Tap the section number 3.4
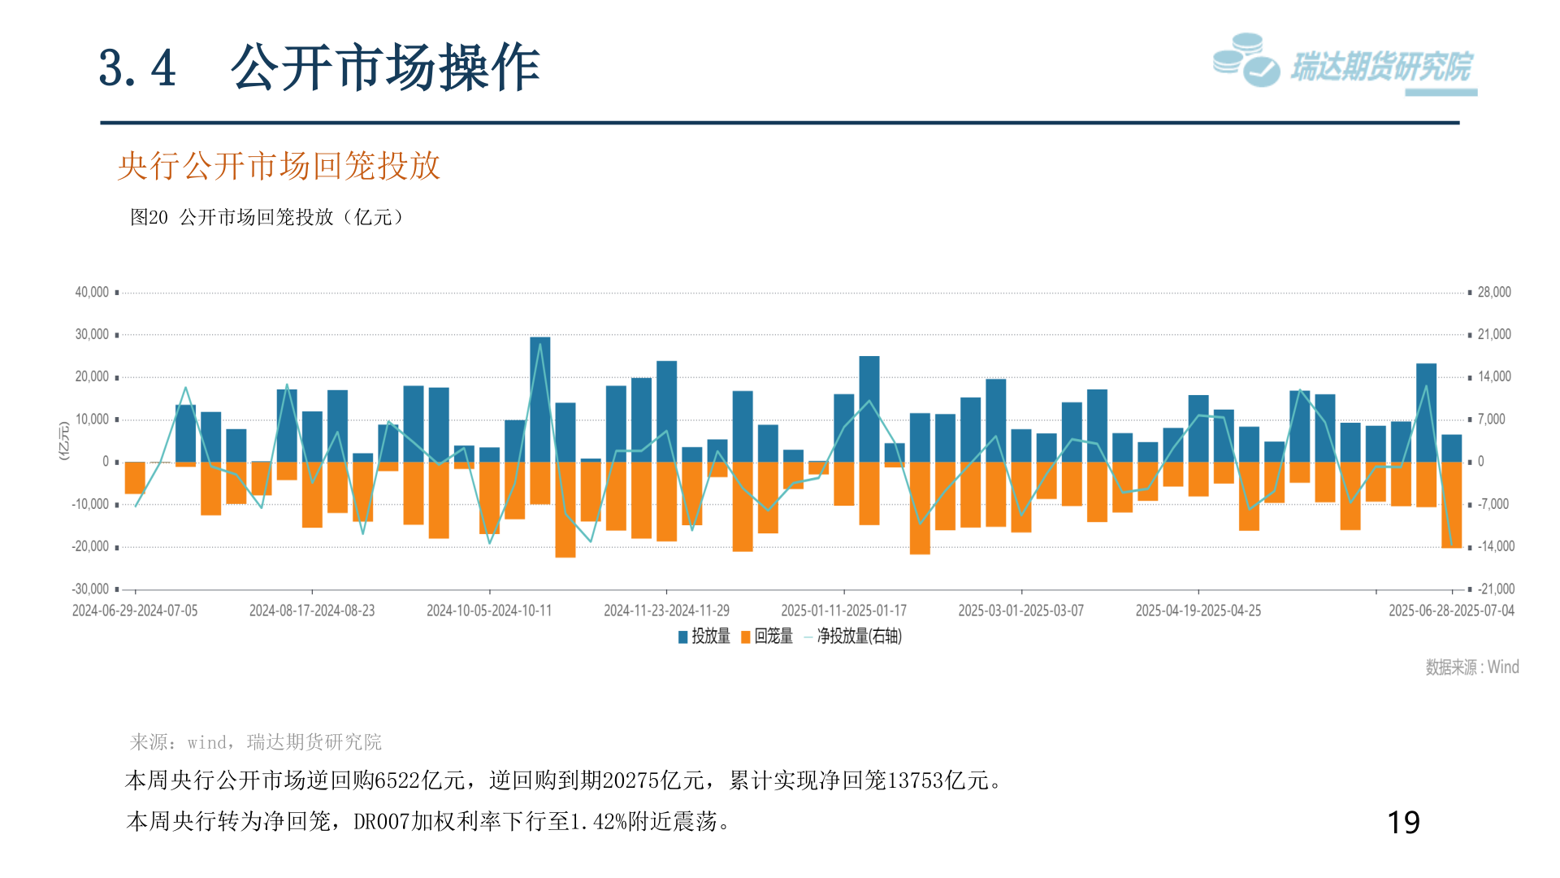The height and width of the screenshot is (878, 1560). pos(137,68)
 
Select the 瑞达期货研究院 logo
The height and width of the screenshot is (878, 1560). pos(1344,63)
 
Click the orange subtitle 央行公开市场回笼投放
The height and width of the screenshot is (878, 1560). pos(279,166)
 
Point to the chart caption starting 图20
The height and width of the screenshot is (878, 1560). pos(267,217)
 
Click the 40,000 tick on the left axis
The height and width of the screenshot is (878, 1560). pos(92,292)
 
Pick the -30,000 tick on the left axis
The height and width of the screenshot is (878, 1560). pos(90,589)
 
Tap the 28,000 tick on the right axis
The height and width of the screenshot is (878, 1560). pos(1493,292)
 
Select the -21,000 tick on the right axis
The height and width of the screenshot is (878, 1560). pos(1495,589)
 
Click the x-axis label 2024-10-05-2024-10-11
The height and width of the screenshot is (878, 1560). pos(489,611)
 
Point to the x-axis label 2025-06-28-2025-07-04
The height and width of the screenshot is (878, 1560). pos(1451,611)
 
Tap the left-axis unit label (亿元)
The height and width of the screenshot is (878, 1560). pos(64,441)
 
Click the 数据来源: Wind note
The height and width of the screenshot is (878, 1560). pos(1471,667)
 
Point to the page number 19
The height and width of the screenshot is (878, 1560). pos(1403,823)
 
